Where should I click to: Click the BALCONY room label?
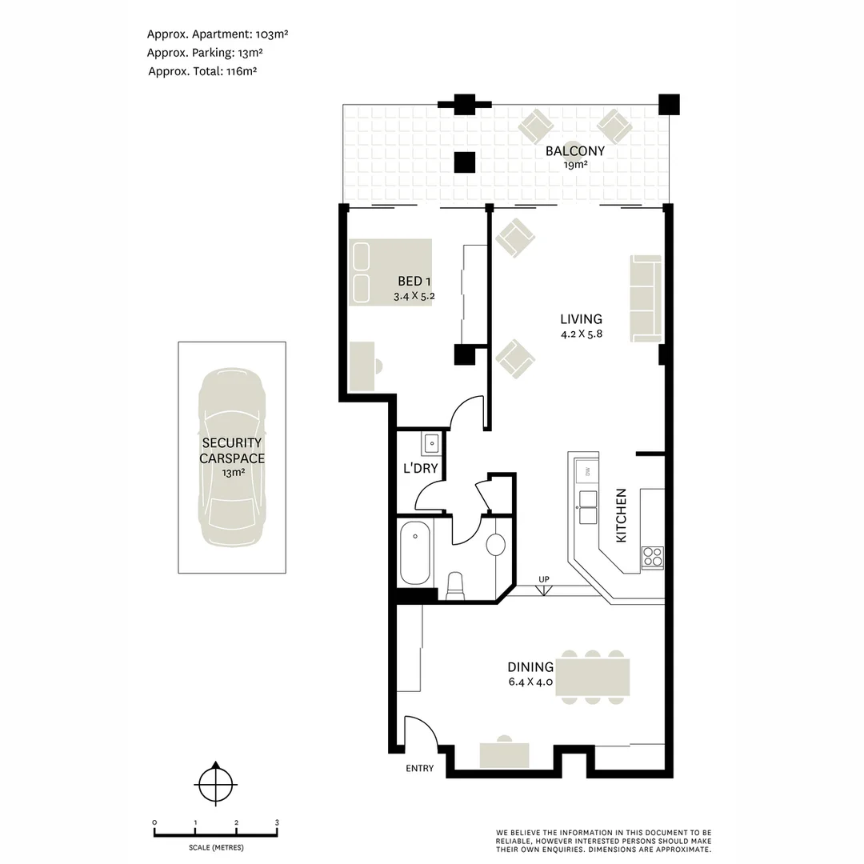(x=574, y=150)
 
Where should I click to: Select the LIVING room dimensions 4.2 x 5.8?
(x=581, y=334)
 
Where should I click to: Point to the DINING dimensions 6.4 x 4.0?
(x=530, y=683)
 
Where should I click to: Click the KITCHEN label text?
(x=621, y=516)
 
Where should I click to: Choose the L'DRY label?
(x=420, y=468)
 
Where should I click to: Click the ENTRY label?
(x=419, y=768)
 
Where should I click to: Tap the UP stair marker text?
(x=544, y=578)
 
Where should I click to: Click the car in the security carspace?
(x=232, y=458)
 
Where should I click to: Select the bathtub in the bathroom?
(x=415, y=552)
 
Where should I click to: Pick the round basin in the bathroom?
(x=495, y=545)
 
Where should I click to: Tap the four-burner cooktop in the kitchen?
(x=651, y=555)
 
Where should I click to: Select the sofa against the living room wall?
(x=646, y=297)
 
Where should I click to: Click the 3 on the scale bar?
(x=277, y=822)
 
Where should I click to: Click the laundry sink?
(x=430, y=442)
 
